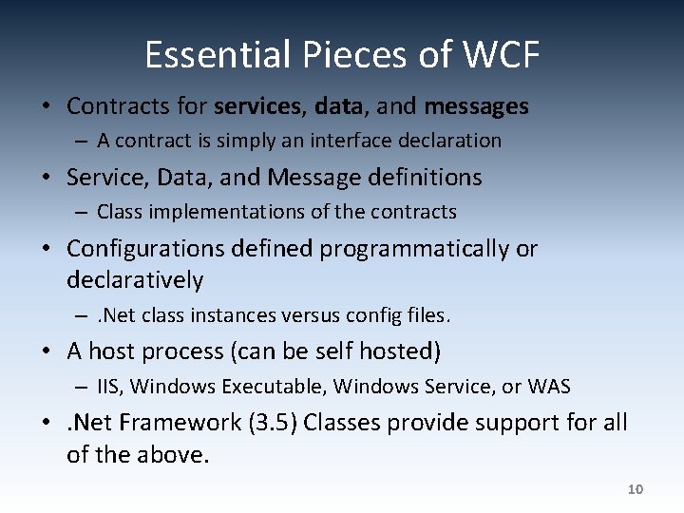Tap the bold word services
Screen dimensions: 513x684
click(256, 106)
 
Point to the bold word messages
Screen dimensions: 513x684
click(476, 106)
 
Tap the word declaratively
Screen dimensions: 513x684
click(135, 280)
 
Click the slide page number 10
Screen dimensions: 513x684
click(636, 489)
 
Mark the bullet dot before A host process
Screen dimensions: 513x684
click(47, 352)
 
